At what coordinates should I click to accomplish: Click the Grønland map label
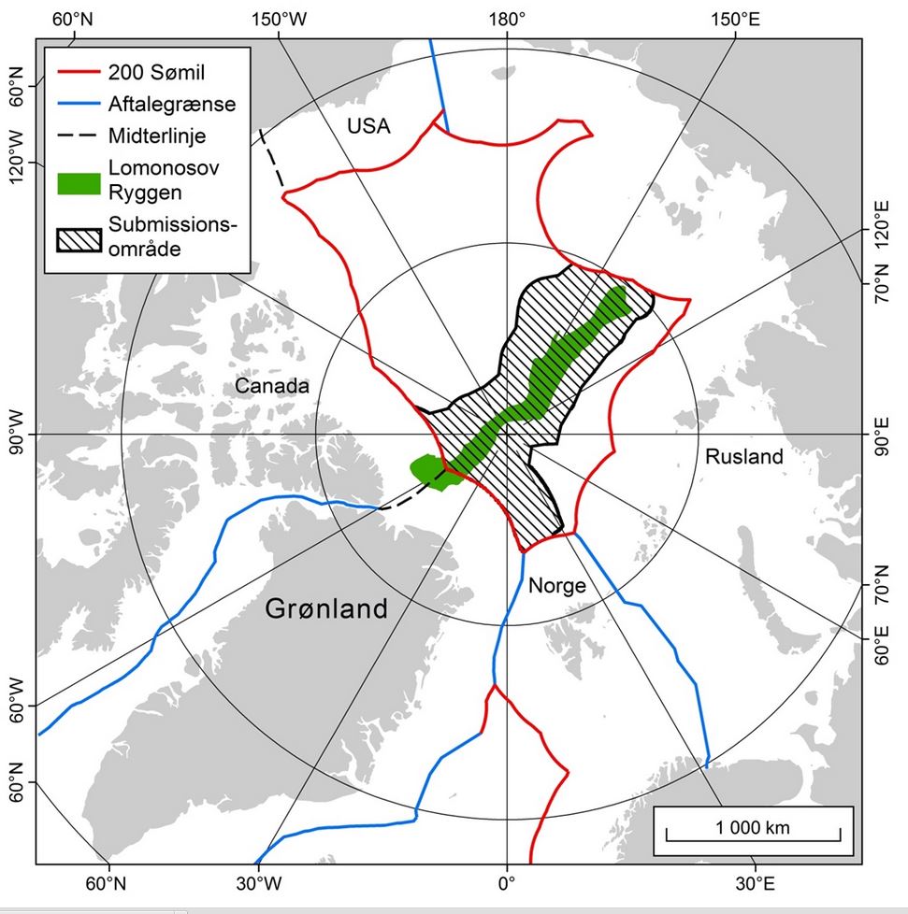325,609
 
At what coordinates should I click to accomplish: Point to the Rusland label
743,457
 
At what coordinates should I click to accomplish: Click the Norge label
556,586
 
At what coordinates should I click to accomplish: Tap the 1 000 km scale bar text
753,827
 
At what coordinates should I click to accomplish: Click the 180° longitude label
507,18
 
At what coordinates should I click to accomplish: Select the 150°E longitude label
734,18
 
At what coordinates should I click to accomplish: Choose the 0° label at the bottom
506,881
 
